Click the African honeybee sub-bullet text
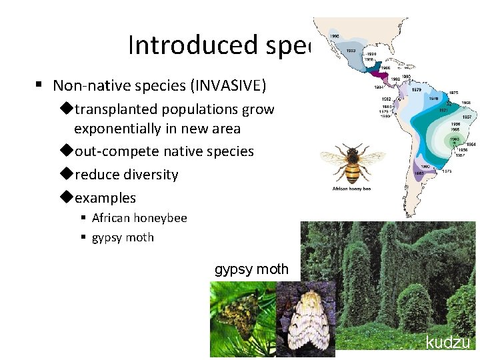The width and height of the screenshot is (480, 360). [139, 218]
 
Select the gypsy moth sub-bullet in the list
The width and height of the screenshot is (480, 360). [123, 237]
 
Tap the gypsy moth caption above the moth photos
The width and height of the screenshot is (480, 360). [251, 269]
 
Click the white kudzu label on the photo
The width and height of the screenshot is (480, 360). [448, 343]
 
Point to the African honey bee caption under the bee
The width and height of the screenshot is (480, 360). [351, 189]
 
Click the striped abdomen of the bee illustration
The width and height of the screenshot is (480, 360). [353, 172]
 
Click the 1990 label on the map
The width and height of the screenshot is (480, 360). [334, 36]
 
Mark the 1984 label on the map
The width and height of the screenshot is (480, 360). [379, 86]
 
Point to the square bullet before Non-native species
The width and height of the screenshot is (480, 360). [39, 85]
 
